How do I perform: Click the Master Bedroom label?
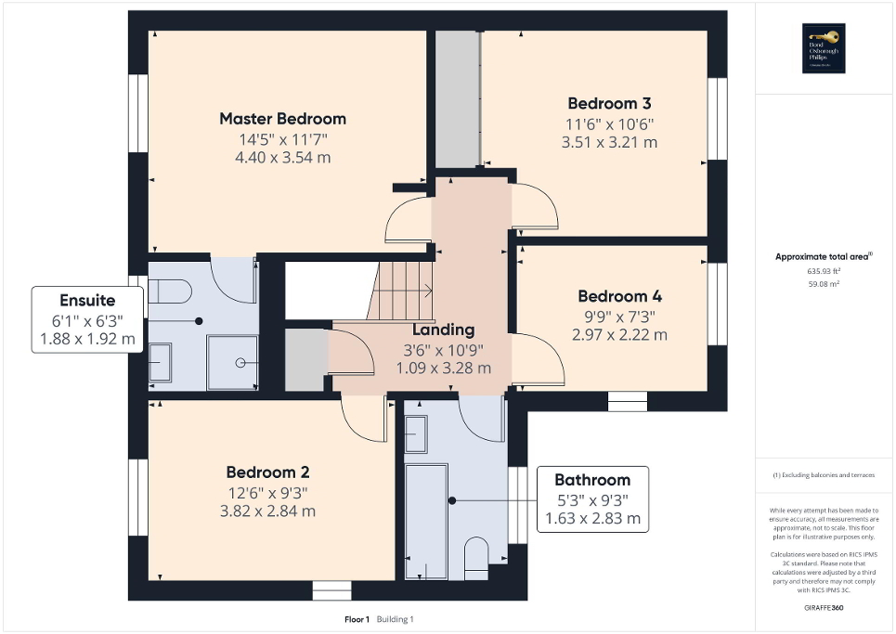pos(282,119)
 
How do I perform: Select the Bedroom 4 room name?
pos(619,297)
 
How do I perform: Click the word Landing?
pos(443,330)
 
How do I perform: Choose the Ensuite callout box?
pos(87,319)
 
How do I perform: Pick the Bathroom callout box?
pos(592,499)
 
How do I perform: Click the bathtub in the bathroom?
pos(426,523)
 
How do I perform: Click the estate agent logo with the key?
pos(821,47)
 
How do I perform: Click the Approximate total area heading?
pos(824,257)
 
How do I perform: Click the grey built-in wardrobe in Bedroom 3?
pos(457,97)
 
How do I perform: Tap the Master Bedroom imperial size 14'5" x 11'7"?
pos(282,139)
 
